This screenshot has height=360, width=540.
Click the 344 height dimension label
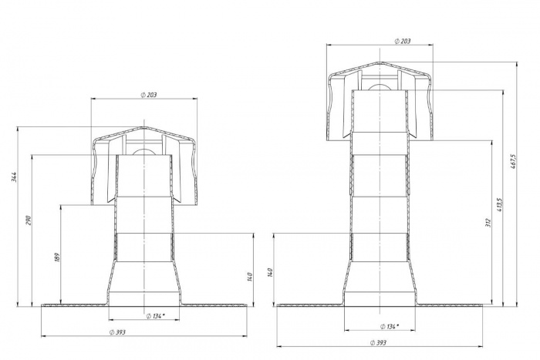point(14,177)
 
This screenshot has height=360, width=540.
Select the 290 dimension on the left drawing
point(29,220)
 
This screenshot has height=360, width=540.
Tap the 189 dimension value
point(57,257)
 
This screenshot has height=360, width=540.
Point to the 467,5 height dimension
point(513,163)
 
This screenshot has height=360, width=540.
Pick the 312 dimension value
point(488,222)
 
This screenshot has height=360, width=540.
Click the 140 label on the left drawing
point(251,277)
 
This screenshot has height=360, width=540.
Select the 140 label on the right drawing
point(270,273)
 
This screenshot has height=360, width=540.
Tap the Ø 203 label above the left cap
point(149,95)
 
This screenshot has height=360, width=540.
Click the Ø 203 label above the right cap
point(403,41)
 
